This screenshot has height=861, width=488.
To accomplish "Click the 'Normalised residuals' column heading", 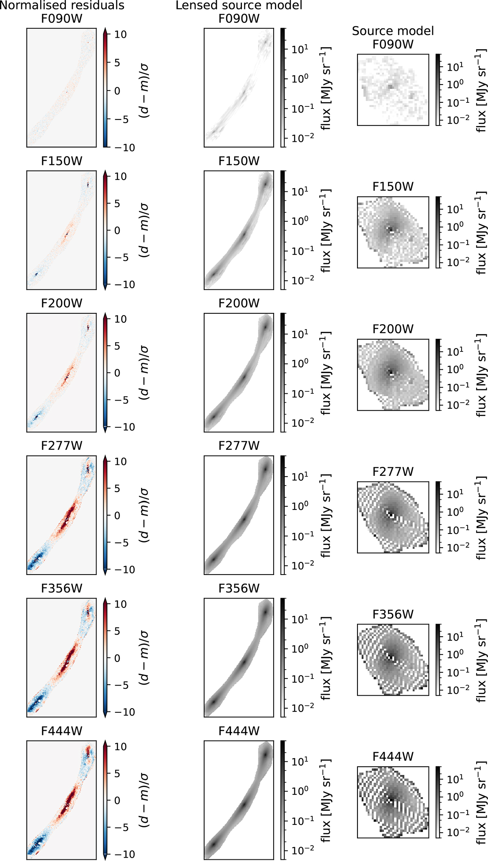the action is (62, 5).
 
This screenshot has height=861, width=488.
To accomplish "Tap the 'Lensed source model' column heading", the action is (239, 5).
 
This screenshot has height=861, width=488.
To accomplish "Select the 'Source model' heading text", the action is (393, 31).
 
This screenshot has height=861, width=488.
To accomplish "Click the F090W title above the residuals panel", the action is (62, 19).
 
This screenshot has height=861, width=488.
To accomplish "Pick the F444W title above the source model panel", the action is (393, 757).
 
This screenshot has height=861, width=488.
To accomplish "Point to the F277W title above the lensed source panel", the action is (239, 446).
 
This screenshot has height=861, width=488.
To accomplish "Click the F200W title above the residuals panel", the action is (62, 304).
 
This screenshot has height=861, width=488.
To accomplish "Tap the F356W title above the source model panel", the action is (393, 614).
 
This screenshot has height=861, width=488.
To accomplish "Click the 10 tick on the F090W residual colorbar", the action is (120, 35).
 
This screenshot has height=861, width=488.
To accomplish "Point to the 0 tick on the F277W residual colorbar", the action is (118, 516).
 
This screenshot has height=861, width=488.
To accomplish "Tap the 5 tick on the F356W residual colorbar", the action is (118, 631).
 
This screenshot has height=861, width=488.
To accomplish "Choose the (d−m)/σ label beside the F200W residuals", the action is (144, 373).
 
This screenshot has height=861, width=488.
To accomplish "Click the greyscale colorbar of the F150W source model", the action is (438, 232).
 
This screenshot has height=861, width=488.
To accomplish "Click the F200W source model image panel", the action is (393, 375).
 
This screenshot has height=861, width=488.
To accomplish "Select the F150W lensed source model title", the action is (239, 161).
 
